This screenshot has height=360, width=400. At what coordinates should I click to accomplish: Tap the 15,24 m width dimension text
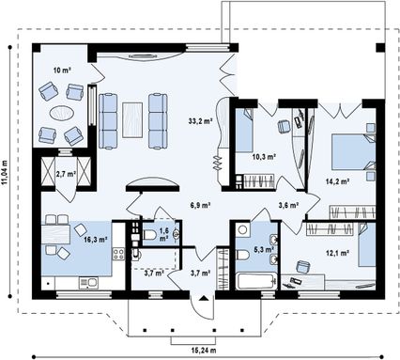pos(204,350)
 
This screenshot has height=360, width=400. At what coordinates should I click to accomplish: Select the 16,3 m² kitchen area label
pos(96,240)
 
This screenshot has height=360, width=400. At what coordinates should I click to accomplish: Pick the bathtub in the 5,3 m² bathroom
pos(256,282)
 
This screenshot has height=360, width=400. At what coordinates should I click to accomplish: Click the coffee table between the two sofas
pos(132,119)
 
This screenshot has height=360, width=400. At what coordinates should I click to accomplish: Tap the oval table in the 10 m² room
pos(62,112)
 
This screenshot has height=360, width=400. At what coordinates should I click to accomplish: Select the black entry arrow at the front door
pos(204,298)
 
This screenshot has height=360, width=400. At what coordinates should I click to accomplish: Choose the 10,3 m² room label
pos(264,156)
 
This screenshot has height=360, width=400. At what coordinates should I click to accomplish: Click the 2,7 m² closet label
pos(66,174)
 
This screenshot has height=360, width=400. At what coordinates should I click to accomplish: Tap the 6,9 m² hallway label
pos(199,205)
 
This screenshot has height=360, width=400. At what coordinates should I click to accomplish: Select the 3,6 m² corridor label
pos(288,205)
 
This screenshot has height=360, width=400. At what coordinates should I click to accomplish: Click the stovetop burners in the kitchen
pos(118,254)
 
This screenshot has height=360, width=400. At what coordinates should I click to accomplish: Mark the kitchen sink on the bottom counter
pos(88,283)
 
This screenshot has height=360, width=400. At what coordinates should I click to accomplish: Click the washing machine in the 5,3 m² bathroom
pos(242,230)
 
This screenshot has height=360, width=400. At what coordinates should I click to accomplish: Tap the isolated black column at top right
pos(380,47)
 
